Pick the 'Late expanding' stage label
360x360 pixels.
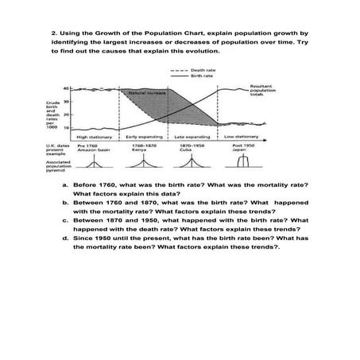[x=193, y=137]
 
